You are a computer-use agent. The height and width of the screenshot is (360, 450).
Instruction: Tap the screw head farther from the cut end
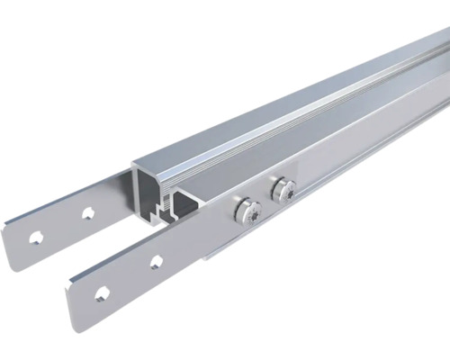click(283, 189)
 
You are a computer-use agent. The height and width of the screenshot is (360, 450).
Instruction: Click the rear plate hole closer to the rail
click(87, 213)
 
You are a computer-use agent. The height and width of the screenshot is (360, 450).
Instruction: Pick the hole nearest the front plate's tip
click(101, 292)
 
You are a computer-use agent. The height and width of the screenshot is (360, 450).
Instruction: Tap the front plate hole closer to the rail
click(156, 262)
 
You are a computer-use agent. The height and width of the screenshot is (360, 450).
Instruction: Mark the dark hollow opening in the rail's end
click(147, 191)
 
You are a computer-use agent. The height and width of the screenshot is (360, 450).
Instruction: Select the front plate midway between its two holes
click(129, 277)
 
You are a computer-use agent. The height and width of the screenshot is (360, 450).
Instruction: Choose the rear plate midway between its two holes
click(61, 226)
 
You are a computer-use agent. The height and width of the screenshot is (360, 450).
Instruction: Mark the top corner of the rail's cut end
click(135, 165)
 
